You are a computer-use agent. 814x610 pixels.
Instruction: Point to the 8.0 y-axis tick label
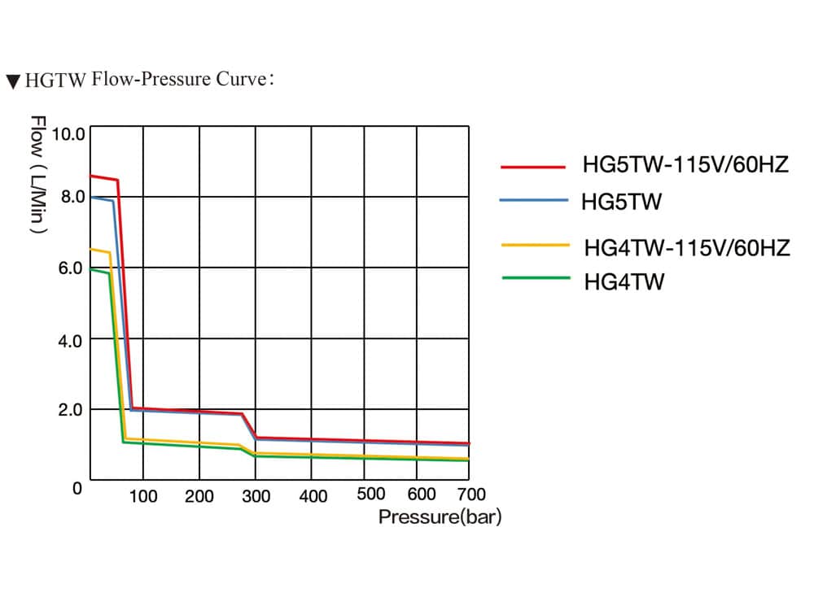click(x=71, y=196)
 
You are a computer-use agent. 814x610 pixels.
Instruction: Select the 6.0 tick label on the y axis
click(x=71, y=268)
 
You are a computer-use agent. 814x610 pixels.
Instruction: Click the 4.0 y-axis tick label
click(x=71, y=339)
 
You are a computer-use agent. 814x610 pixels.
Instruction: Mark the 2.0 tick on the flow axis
click(x=71, y=409)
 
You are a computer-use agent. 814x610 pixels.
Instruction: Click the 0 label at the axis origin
click(x=77, y=488)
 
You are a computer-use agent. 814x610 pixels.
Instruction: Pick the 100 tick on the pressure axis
click(x=143, y=495)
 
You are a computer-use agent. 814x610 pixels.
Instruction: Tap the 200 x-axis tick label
click(x=199, y=496)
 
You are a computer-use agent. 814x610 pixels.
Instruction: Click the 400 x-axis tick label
click(x=313, y=496)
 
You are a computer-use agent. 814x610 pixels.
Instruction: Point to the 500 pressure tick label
click(x=371, y=494)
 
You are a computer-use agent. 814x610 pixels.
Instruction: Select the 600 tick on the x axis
click(x=422, y=494)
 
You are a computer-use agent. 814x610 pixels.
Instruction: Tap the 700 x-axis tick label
click(x=471, y=494)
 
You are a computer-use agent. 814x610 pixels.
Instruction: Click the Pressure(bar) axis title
click(x=440, y=517)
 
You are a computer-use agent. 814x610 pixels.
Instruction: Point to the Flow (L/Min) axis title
click(x=37, y=175)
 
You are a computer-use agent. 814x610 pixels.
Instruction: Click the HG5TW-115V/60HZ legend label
click(x=685, y=166)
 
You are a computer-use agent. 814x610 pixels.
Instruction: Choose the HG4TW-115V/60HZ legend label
click(x=686, y=248)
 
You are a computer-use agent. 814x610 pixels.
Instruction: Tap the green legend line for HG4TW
click(x=534, y=277)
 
